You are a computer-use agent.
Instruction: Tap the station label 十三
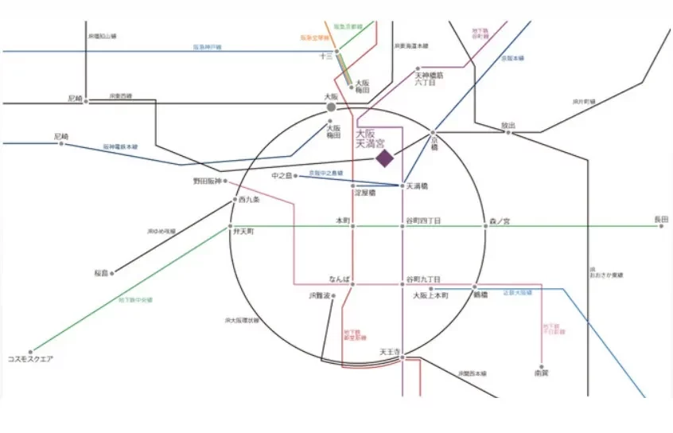(x=325, y=56)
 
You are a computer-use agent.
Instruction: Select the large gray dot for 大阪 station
(x=332, y=105)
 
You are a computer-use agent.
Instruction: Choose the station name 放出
(x=508, y=125)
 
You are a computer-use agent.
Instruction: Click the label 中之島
(x=282, y=175)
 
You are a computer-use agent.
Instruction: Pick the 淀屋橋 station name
(x=364, y=193)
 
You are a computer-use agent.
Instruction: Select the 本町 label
(x=343, y=220)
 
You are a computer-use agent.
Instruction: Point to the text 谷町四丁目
(x=423, y=220)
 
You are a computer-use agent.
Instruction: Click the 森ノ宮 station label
(x=500, y=220)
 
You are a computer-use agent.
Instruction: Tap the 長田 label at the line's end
(x=662, y=219)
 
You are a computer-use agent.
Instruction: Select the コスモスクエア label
(x=32, y=359)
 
